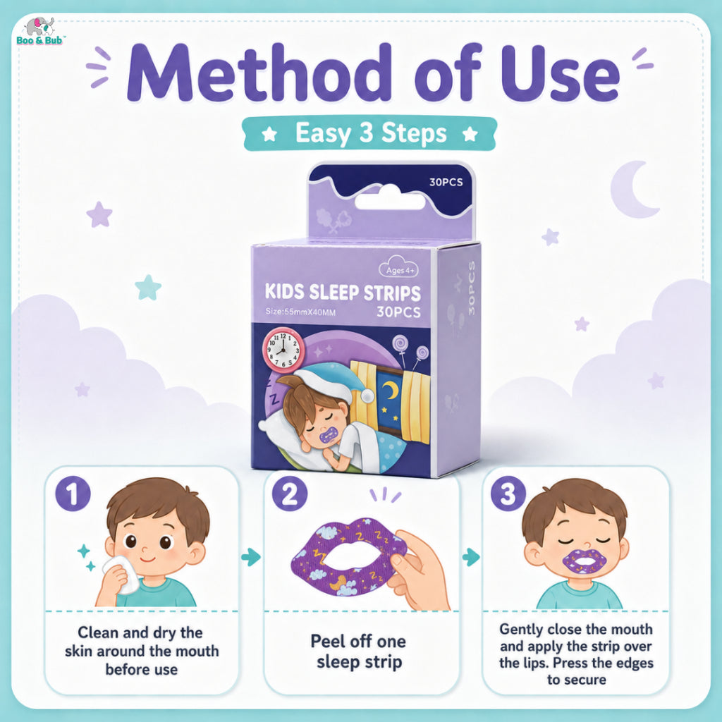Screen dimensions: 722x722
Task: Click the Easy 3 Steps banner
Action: pos(369,133)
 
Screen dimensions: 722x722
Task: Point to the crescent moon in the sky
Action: pos(633,190)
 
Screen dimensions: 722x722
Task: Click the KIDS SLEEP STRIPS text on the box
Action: pos(343,293)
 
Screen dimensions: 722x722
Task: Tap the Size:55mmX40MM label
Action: pos(300,312)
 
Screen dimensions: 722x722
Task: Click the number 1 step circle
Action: pos(73,494)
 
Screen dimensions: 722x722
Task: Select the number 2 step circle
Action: pos(289,494)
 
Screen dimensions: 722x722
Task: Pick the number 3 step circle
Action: pos(508,494)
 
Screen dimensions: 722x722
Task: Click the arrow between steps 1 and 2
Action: pos(251,557)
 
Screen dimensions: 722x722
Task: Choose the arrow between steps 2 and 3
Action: pos(471,557)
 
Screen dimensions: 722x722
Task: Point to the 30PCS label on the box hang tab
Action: pos(446,183)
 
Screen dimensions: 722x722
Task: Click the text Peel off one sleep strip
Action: pos(359,651)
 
